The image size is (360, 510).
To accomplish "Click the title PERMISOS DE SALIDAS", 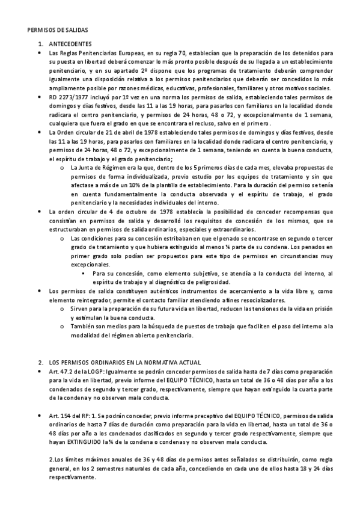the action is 58,30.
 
